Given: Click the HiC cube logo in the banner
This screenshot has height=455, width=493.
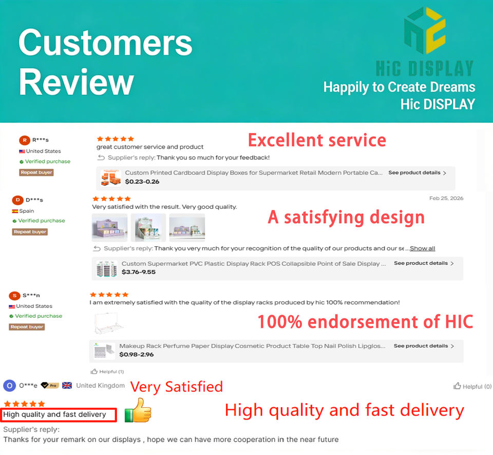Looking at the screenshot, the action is [x=425, y=30].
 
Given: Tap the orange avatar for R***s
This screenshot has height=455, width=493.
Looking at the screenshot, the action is [x=25, y=140].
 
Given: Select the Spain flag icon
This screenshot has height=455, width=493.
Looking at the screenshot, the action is [x=15, y=211].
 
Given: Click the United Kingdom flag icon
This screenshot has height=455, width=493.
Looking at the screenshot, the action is [x=67, y=385].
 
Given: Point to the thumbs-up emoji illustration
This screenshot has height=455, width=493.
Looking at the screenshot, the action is [x=138, y=410].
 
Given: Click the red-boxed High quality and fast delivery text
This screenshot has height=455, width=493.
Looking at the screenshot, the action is [x=55, y=414].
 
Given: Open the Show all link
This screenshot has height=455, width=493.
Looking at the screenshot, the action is [x=422, y=248].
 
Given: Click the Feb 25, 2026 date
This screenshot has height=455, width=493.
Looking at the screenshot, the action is [x=446, y=198].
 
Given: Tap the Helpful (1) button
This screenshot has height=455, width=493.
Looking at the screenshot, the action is [x=107, y=372].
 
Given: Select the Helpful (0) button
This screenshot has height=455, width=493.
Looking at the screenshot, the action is [x=472, y=386].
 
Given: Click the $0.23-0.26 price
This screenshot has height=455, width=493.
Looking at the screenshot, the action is [x=142, y=181].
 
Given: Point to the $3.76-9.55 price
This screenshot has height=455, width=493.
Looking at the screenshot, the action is [x=139, y=272].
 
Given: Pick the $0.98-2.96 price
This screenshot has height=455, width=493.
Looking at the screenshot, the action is [x=137, y=354].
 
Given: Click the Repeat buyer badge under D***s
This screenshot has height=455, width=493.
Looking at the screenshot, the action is [x=30, y=232].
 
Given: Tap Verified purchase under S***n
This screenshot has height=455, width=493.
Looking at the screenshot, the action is [x=39, y=316].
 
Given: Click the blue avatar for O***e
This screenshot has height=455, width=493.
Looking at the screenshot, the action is [x=9, y=386].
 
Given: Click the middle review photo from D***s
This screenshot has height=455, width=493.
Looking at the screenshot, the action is [x=148, y=227].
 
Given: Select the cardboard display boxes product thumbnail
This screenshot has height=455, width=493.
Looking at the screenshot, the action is [x=111, y=177].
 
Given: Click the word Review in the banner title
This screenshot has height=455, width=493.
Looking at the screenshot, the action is [x=77, y=82].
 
